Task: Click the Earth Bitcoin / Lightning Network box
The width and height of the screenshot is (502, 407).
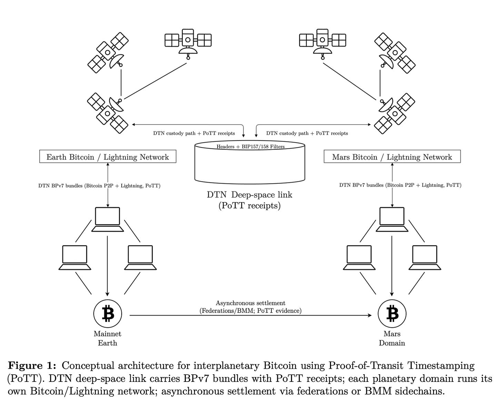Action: click(x=108, y=157)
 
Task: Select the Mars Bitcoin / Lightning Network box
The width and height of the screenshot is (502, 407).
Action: click(x=392, y=157)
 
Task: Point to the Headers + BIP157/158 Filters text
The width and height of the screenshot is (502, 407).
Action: click(x=250, y=147)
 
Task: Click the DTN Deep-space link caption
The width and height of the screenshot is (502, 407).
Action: click(x=250, y=200)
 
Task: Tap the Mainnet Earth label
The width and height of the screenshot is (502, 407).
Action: click(x=108, y=338)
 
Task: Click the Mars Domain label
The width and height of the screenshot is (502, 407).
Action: click(x=392, y=338)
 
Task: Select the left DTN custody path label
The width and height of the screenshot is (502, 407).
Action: click(x=194, y=133)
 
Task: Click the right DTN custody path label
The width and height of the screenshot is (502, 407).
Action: click(x=307, y=133)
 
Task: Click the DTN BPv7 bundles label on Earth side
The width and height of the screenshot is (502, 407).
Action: click(x=99, y=186)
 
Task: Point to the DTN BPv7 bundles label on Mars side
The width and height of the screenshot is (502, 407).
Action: click(x=400, y=185)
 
